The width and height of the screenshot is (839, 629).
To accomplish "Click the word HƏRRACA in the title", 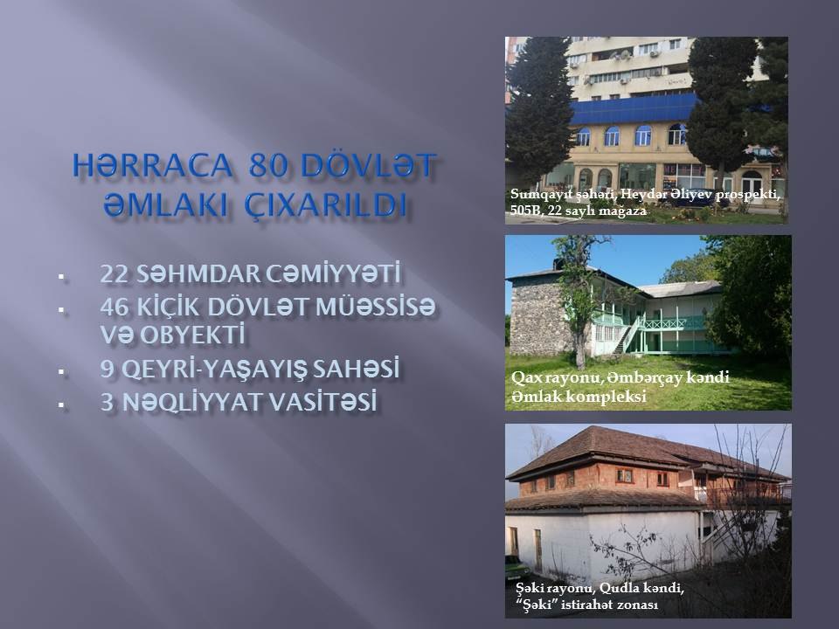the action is point(152,165).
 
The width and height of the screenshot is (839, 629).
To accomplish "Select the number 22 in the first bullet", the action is point(114,273).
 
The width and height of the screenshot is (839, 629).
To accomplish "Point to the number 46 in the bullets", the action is point(114,307).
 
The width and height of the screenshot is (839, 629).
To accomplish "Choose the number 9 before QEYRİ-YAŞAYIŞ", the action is point(107,370).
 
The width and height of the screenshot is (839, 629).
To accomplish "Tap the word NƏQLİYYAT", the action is point(191,402).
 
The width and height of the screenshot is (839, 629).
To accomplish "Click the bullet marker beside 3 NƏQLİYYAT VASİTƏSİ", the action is point(61,404).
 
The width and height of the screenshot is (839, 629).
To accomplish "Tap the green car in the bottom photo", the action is point(516,564).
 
